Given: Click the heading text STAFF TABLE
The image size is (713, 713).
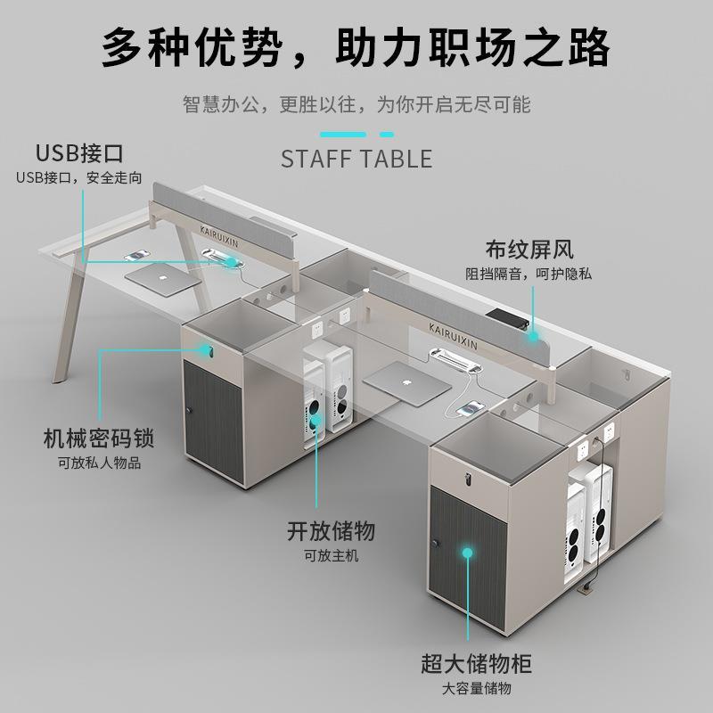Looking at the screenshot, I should (x=356, y=159).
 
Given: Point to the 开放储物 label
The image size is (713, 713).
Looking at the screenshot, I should (x=330, y=531).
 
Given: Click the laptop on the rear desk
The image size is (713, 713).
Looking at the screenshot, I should (x=163, y=277).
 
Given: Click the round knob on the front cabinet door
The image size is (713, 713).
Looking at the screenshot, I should (x=436, y=545).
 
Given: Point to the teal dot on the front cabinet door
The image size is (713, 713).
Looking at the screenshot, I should (x=467, y=553).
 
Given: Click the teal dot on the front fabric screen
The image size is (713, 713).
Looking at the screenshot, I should (x=532, y=336).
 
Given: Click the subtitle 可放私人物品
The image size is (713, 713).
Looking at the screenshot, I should (x=100, y=463).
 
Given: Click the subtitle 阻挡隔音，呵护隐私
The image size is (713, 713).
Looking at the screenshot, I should (x=529, y=274).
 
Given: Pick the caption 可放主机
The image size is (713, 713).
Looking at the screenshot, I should (x=330, y=555).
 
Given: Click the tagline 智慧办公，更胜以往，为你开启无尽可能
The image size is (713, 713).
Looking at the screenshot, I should (x=356, y=104).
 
